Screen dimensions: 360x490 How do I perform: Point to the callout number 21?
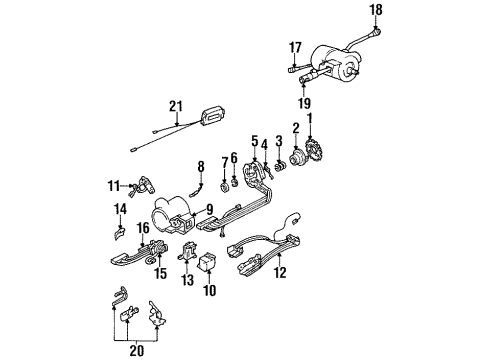176,106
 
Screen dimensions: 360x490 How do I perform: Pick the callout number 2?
296,127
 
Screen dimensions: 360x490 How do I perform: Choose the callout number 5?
254,141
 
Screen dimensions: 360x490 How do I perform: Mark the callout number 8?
200,166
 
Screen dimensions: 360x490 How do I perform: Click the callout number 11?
113,185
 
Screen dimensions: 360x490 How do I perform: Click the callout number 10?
210,291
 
